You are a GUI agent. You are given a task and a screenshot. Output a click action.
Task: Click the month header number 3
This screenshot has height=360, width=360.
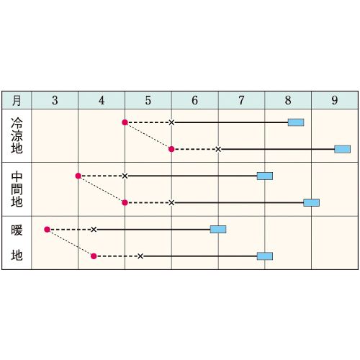coord(55,100)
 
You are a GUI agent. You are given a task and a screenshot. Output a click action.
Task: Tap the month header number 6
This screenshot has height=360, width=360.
coord(195,100)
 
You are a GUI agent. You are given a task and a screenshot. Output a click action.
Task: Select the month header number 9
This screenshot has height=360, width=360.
coord(335,100)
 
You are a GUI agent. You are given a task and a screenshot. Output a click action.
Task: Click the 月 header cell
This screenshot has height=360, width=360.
coord(17,100)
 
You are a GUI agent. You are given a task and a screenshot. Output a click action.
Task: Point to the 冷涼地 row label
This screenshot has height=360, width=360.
coord(17,135)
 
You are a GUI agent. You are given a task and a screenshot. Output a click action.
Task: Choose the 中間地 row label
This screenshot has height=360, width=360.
coord(17,189)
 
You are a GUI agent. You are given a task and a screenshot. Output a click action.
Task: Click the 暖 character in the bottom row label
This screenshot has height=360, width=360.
coord(17,230)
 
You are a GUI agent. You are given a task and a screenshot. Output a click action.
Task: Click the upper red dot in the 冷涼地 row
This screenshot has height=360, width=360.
coord(125,122)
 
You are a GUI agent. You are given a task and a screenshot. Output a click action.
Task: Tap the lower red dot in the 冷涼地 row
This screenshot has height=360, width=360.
coord(171,149)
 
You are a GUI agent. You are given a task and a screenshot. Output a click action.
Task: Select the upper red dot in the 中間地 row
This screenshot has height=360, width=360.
coord(78,176)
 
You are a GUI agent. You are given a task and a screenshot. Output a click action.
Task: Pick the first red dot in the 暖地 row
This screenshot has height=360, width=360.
coord(47,230)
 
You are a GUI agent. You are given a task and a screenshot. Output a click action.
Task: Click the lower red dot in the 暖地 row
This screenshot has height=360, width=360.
coord(94,256)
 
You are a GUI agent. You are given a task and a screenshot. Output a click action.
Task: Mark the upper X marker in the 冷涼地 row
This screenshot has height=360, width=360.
coord(171,122)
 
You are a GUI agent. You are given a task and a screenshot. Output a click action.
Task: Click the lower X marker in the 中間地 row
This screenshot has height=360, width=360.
coord(171,203)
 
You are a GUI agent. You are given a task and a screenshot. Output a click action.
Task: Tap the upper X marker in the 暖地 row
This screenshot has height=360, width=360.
coord(94,230)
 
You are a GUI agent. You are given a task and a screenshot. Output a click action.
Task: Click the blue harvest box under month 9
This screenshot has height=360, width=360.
coord(343,149)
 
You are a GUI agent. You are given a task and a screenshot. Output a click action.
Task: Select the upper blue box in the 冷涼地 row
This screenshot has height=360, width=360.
coord(296,122)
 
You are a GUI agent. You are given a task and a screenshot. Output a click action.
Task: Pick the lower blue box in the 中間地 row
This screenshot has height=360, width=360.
coord(311,203)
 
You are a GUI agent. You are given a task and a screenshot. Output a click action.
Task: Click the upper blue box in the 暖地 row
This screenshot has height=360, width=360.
coord(218,230)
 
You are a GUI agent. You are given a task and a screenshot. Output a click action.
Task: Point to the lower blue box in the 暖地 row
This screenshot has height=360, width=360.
coord(265,256)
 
